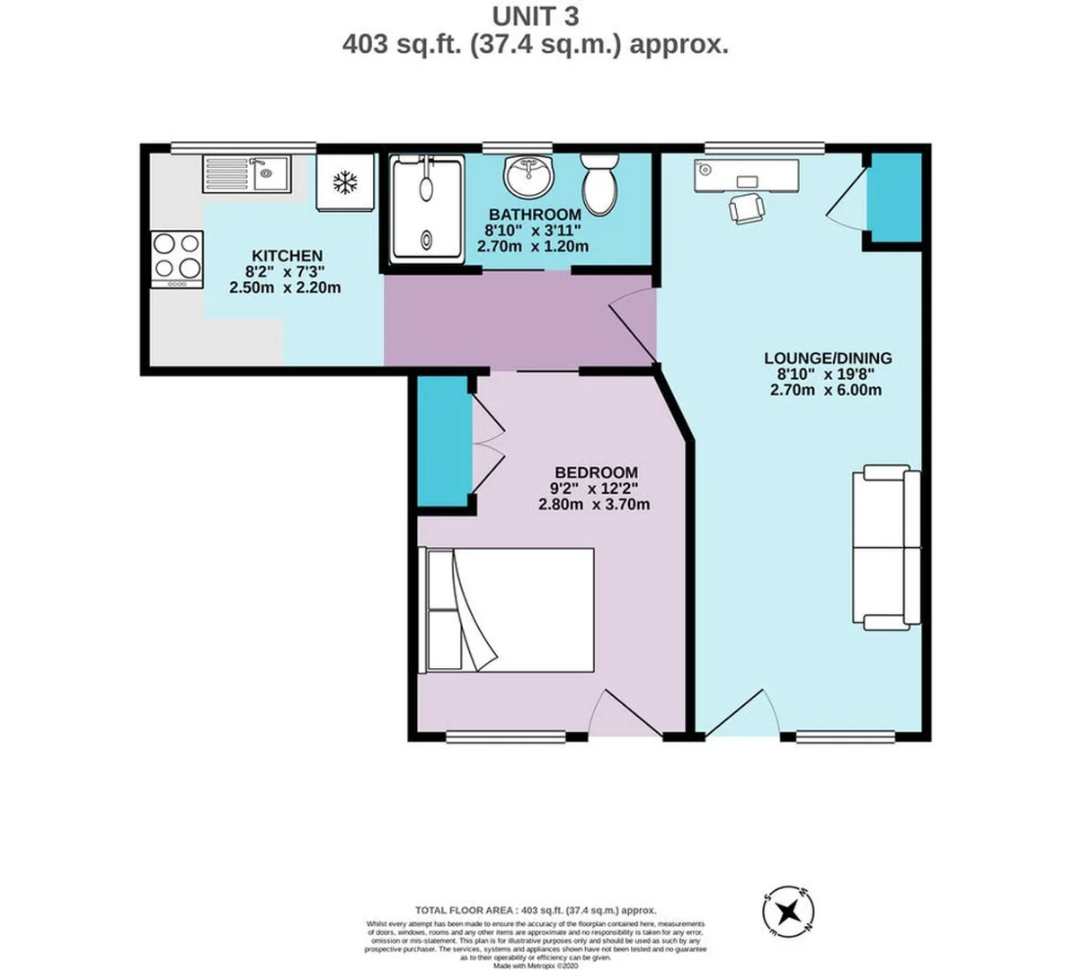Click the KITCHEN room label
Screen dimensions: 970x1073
pyautogui.click(x=287, y=256)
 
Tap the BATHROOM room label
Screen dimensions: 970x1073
pyautogui.click(x=535, y=216)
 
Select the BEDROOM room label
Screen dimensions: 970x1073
pyautogui.click(x=596, y=472)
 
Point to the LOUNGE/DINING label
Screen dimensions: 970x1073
pyautogui.click(x=828, y=358)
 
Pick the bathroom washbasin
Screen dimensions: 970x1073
pyautogui.click(x=528, y=175)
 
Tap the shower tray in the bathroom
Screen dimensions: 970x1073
pyautogui.click(x=427, y=210)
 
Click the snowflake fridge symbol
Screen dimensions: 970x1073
pyautogui.click(x=344, y=183)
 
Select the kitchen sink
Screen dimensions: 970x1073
pyautogui.click(x=246, y=173)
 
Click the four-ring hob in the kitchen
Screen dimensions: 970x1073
pyautogui.click(x=177, y=258)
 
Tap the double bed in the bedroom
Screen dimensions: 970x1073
pyautogui.click(x=510, y=610)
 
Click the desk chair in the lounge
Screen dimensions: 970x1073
pyautogui.click(x=748, y=208)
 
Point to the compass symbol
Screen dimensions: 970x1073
pyautogui.click(x=788, y=912)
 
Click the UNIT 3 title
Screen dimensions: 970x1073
pyautogui.click(x=536, y=16)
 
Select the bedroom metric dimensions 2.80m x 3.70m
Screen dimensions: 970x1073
pyautogui.click(x=593, y=505)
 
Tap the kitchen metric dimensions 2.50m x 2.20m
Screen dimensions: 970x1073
pyautogui.click(x=286, y=288)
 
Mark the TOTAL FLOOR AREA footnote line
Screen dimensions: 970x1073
pyautogui.click(x=536, y=910)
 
